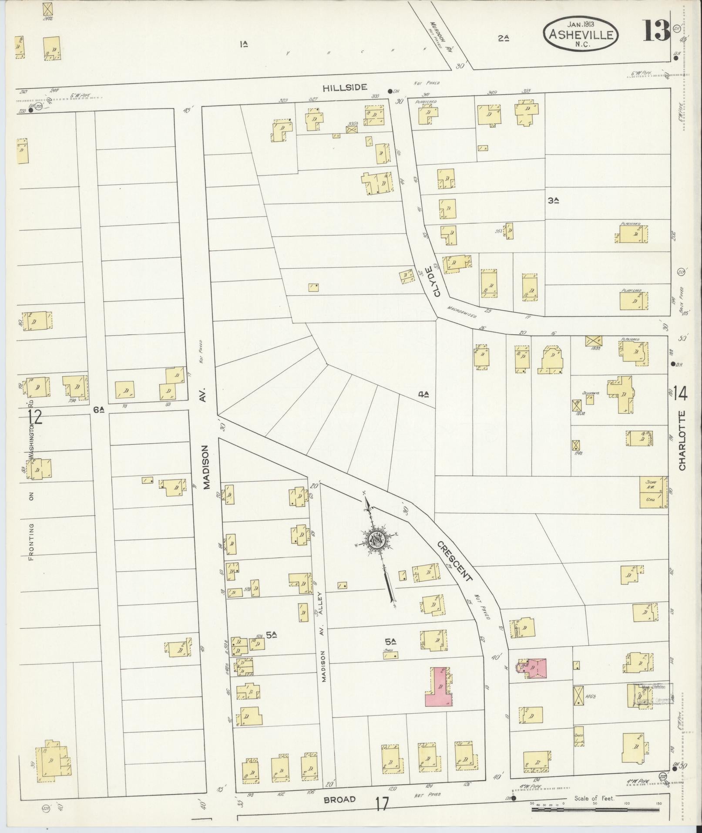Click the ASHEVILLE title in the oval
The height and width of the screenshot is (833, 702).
(580, 34)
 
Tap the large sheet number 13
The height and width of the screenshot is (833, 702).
(656, 31)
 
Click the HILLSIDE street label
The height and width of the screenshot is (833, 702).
(339, 88)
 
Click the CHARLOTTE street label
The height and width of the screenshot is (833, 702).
(682, 440)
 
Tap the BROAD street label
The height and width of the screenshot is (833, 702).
(339, 799)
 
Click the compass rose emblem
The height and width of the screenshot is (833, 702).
(375, 541)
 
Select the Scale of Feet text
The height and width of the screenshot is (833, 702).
(594, 798)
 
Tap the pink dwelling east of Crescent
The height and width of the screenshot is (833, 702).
(532, 668)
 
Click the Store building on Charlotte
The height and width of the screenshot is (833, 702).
(653, 492)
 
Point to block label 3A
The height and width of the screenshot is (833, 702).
(553, 201)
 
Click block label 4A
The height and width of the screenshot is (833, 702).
(423, 395)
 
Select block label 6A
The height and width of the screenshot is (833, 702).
(99, 409)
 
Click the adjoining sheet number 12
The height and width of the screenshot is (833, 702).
(35, 417)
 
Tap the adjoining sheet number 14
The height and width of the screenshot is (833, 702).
(680, 394)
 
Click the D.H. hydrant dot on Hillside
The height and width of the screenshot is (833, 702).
(389, 91)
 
